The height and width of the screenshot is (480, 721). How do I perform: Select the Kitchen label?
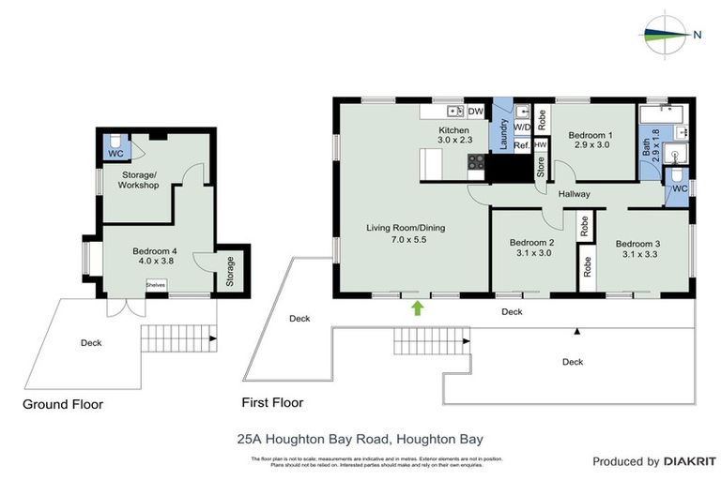tap(453, 129)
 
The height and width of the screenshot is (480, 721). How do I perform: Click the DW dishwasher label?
tap(476, 111)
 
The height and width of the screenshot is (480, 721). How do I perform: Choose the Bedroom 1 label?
tap(591, 134)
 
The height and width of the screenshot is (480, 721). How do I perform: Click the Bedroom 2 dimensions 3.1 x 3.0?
tap(533, 252)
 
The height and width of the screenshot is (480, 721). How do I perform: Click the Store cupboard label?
tap(541, 167)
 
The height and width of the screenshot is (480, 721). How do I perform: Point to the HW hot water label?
tap(540, 145)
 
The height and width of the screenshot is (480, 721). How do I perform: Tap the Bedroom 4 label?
tap(155, 250)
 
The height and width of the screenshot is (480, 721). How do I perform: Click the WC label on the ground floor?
tap(115, 153)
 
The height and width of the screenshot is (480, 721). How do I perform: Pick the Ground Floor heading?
tap(63, 404)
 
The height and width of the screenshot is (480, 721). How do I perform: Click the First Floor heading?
tap(272, 404)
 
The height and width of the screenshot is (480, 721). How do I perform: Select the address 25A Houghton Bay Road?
tap(360, 438)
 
